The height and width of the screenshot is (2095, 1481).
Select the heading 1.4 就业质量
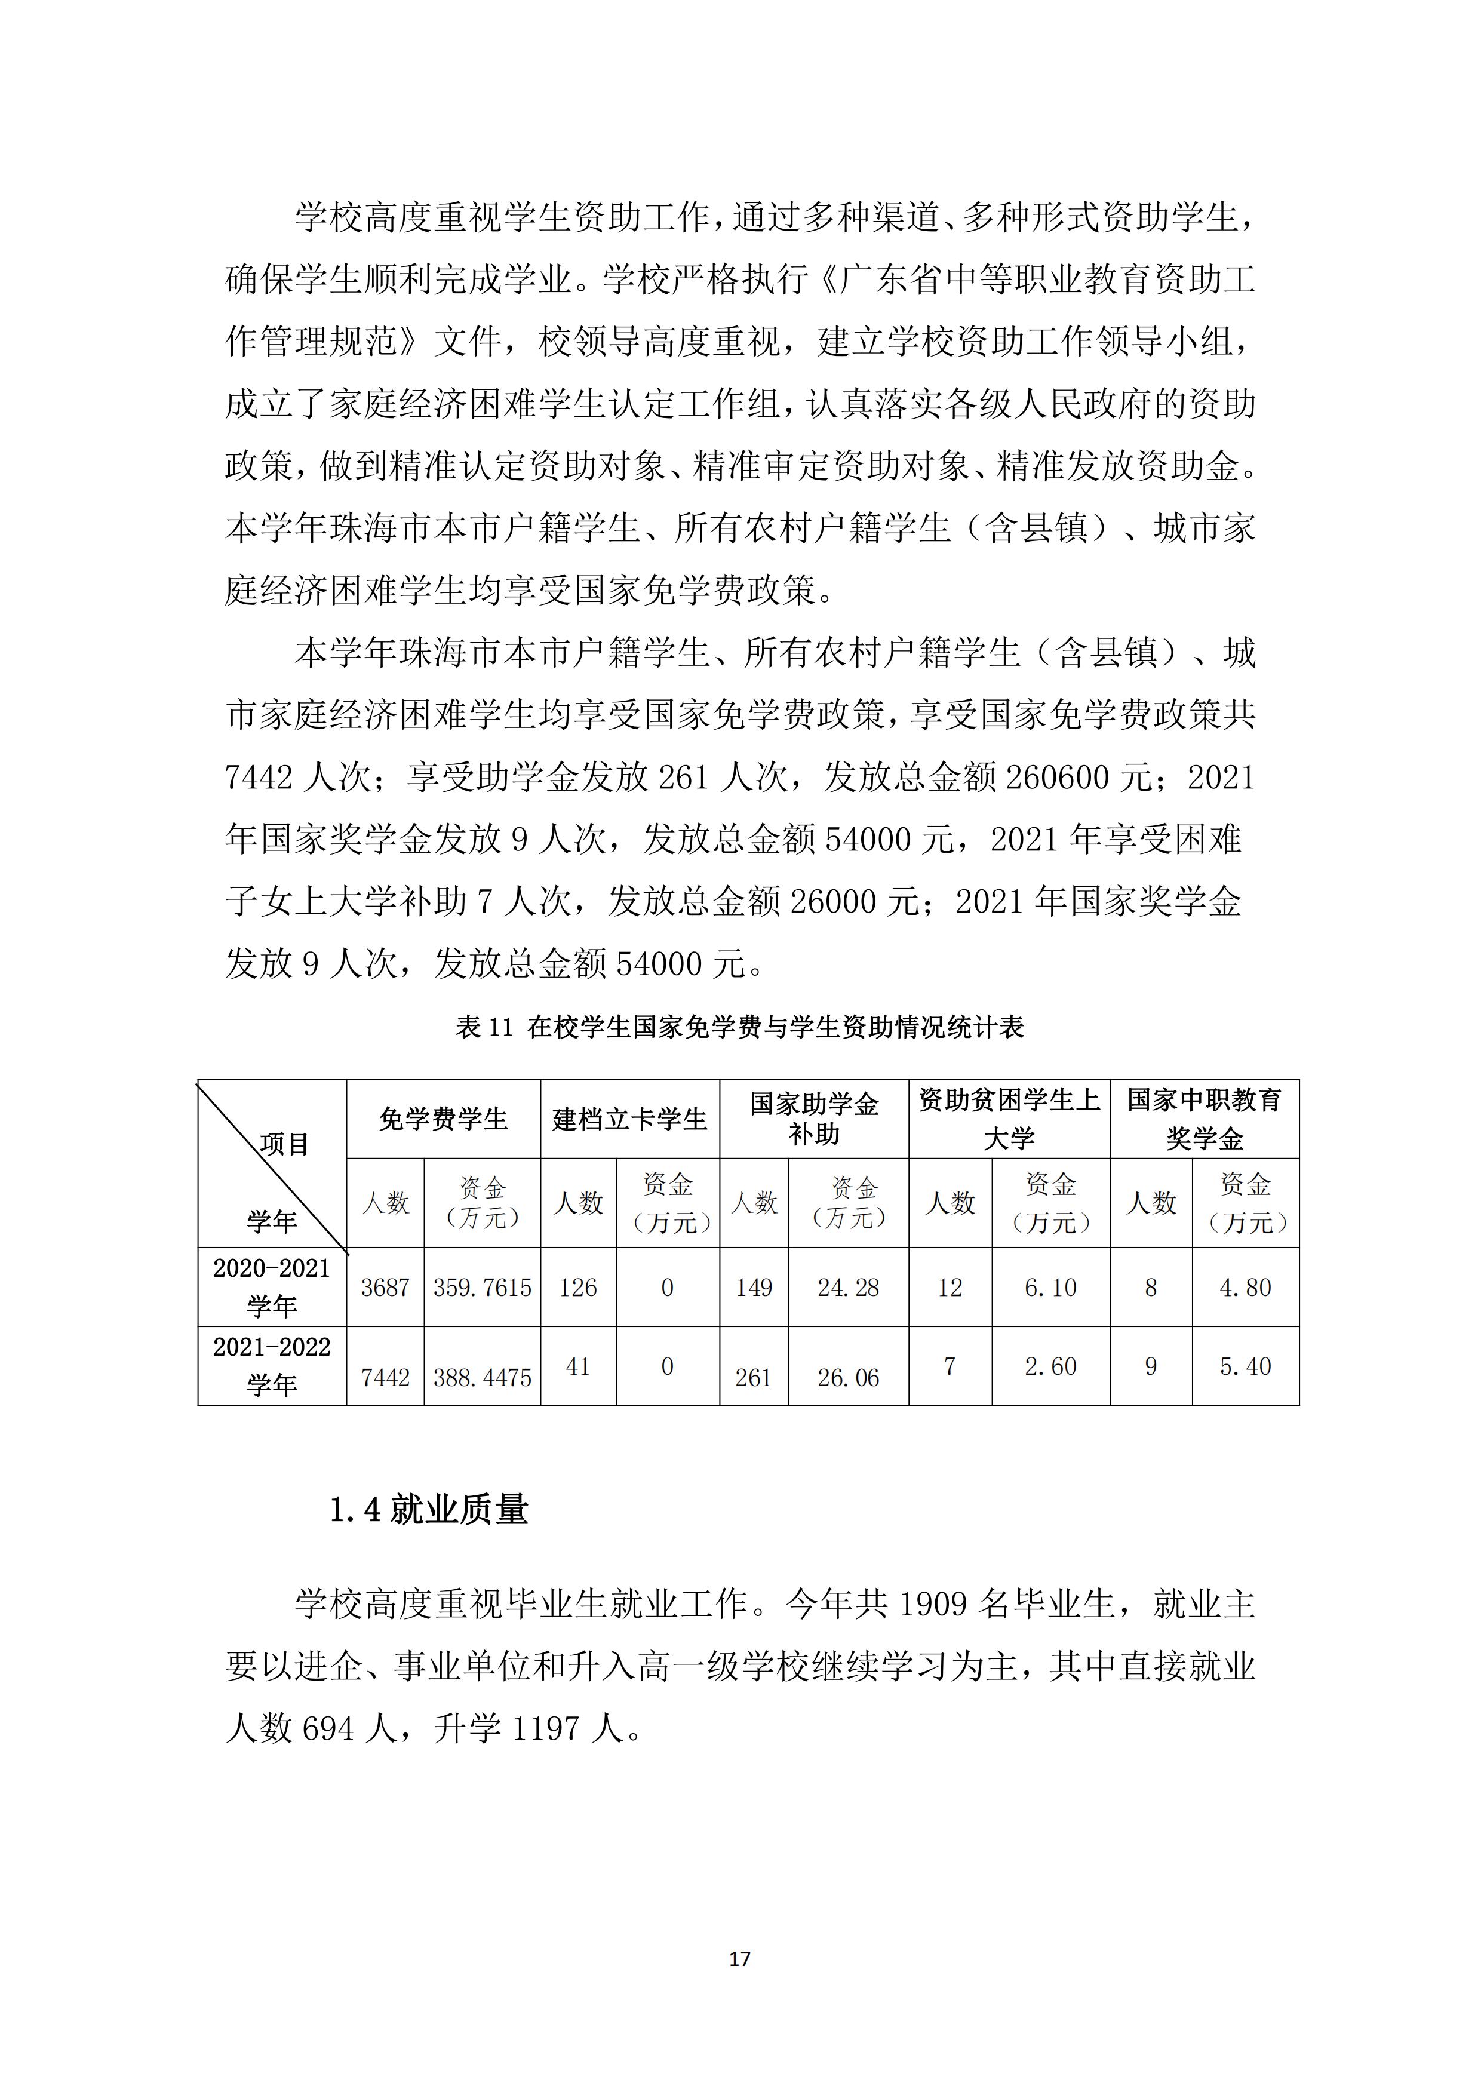coord(429,1510)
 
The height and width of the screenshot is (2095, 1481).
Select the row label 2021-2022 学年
coord(272,1366)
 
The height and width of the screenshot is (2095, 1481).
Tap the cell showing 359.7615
coord(482,1288)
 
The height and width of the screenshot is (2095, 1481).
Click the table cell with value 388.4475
coord(482,1377)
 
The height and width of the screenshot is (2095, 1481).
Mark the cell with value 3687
coord(385,1288)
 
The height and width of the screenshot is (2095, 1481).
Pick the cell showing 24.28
coord(848,1288)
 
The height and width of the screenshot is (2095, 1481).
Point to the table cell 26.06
coord(848,1377)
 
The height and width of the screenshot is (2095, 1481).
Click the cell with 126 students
coord(579,1288)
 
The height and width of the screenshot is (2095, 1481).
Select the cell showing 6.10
coord(1050,1288)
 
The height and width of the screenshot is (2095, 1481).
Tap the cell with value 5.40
coord(1246,1366)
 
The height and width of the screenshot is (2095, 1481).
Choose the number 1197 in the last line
coord(546,1727)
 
